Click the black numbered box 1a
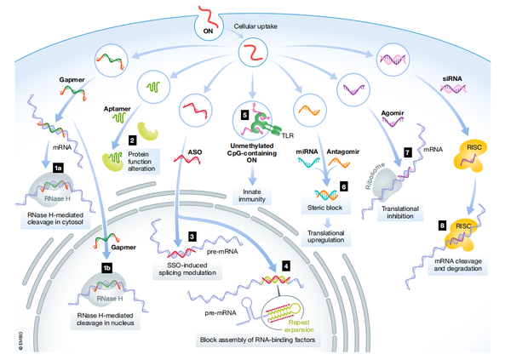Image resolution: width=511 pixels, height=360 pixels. click(58, 168)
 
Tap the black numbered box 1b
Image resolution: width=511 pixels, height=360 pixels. click(107, 268)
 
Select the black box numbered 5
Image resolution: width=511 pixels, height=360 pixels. click(244, 115)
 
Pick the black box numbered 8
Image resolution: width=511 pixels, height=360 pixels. click(442, 226)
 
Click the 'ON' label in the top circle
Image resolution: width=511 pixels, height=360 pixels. click(208, 31)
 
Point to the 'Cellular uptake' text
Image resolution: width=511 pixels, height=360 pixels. click(255, 26)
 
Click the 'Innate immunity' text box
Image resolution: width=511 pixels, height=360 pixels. click(252, 196)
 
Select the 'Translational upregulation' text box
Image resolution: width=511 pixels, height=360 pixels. click(326, 237)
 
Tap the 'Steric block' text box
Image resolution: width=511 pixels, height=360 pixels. click(325, 208)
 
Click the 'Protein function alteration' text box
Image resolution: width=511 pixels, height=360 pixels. click(141, 161)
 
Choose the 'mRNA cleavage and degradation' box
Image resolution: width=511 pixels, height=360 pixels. click(458, 265)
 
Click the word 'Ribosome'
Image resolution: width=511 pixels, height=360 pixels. click(375, 175)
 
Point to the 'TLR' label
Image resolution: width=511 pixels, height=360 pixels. click(288, 135)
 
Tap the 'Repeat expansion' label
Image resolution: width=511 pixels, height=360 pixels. click(299, 326)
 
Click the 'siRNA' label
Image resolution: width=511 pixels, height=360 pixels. click(452, 78)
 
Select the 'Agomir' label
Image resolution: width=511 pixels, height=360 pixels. click(393, 113)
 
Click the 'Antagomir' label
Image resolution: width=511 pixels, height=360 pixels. click(343, 151)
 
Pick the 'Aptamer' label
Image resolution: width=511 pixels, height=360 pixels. click(117, 109)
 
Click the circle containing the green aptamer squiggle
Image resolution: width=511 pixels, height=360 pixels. click(153, 87)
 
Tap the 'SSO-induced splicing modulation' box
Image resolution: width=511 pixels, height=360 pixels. click(187, 269)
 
